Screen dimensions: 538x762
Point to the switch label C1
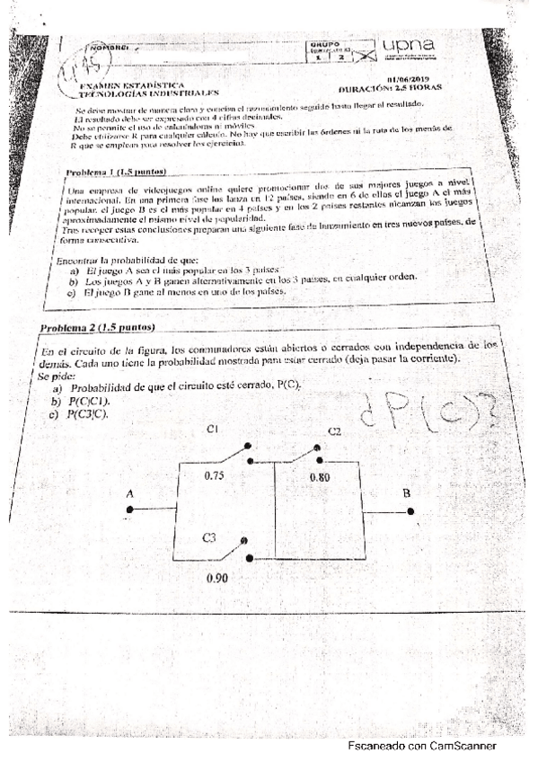(x=213, y=430)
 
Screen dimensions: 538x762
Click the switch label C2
(x=334, y=432)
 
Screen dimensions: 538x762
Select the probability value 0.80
(x=320, y=477)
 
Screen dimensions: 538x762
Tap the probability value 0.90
(x=216, y=580)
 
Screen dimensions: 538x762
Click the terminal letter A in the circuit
(x=131, y=492)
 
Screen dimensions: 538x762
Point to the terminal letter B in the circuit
(x=407, y=493)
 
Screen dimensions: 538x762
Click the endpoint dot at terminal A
(x=131, y=509)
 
